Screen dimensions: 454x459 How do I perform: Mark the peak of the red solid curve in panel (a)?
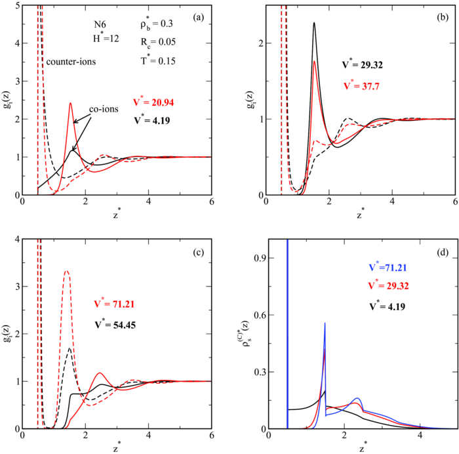point(70,103)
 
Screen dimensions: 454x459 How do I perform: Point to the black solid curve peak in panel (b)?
point(314,23)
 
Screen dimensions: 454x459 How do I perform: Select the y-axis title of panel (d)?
point(248,335)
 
